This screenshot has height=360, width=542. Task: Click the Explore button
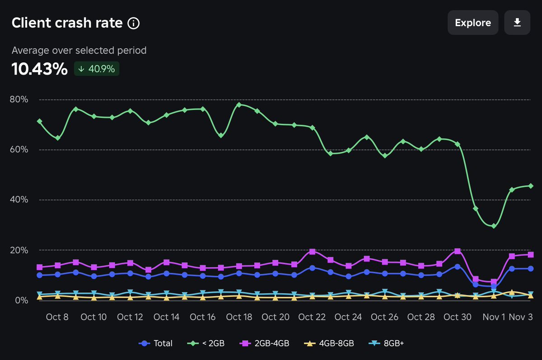pos(473,23)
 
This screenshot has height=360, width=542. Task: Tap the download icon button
pos(517,23)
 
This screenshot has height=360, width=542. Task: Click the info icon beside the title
pos(133,23)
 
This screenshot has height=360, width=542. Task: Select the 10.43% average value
pos(39,69)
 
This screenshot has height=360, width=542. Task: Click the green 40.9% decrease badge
pos(97,69)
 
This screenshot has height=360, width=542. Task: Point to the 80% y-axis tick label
pos(19,99)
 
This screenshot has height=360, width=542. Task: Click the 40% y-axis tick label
pos(19,200)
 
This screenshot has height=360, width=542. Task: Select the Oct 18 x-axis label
pos(239,317)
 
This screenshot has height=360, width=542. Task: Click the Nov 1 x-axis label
pos(494,317)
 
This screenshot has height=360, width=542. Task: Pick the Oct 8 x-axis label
pos(57,317)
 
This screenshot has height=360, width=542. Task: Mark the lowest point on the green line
pos(494,226)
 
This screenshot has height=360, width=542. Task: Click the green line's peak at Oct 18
pos(239,104)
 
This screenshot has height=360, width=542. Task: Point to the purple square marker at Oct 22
pos(312,252)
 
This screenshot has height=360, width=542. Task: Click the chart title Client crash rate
pos(67,23)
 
